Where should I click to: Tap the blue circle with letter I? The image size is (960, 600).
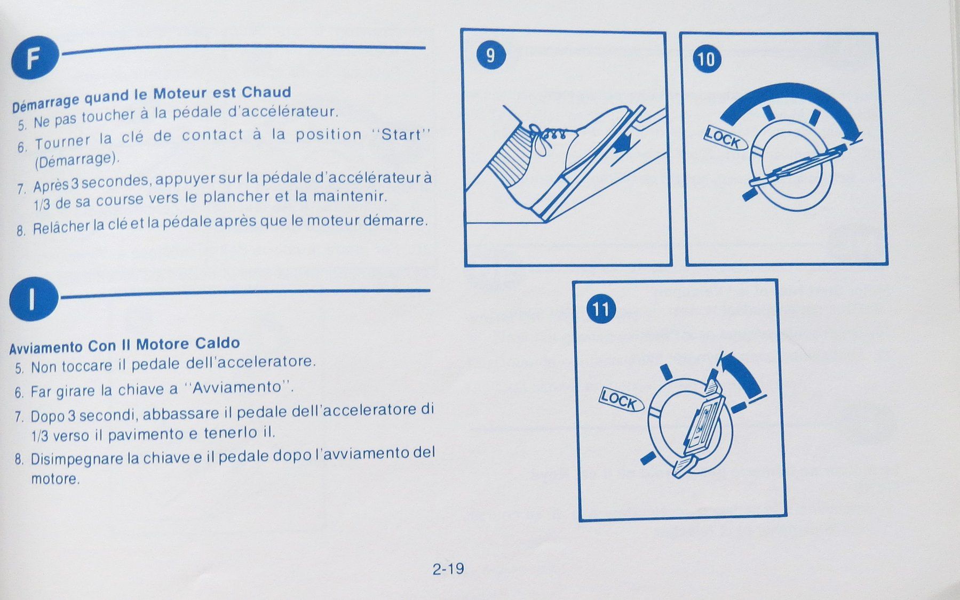coord(33,300)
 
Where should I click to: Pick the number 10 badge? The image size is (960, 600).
coord(706,59)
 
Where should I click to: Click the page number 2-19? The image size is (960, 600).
coord(448,569)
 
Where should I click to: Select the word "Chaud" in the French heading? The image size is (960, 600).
coord(266,92)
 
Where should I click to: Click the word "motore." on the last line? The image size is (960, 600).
coord(55,479)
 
